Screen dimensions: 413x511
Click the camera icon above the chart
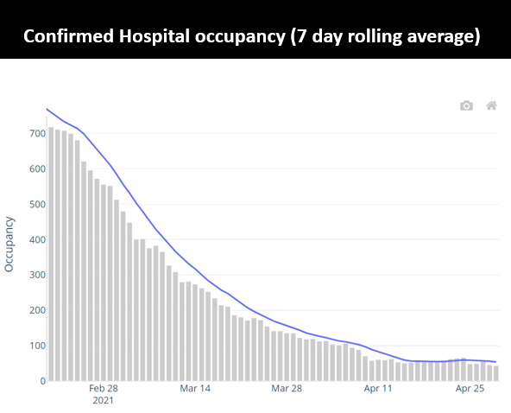pyautogui.click(x=466, y=105)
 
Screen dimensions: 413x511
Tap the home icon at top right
pyautogui.click(x=491, y=105)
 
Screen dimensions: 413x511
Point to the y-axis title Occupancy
pyautogui.click(x=9, y=245)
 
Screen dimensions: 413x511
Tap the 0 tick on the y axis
pyautogui.click(x=41, y=381)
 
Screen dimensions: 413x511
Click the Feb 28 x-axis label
pyautogui.click(x=103, y=390)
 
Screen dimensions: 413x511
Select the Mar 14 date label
pyautogui.click(x=195, y=390)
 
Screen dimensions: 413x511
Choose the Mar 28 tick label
pyautogui.click(x=287, y=390)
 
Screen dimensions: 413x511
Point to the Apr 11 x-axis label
pyautogui.click(x=378, y=390)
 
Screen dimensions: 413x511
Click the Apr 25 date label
pyautogui.click(x=470, y=390)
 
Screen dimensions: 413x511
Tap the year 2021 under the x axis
pyautogui.click(x=103, y=401)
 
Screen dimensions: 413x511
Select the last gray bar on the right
pyautogui.click(x=495, y=373)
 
